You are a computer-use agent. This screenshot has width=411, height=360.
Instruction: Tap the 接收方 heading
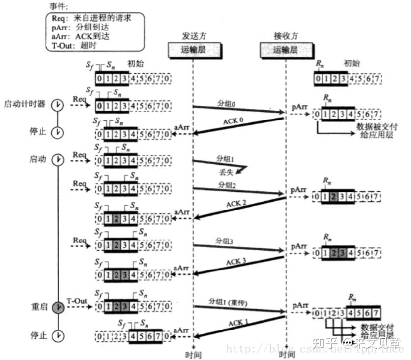(x=286, y=37)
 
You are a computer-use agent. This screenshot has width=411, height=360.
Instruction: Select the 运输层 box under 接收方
(x=286, y=49)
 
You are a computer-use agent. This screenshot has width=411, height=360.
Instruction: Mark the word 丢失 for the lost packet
(x=227, y=172)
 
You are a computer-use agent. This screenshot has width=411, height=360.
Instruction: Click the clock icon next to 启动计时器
(x=58, y=105)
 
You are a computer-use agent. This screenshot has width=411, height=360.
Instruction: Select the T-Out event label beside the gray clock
(x=76, y=300)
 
